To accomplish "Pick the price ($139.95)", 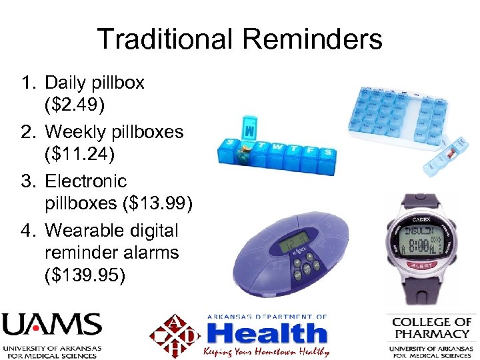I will (x=85, y=275).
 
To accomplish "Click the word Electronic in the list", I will (x=85, y=181).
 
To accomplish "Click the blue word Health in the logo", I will (x=267, y=333).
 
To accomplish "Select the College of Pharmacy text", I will (x=431, y=327).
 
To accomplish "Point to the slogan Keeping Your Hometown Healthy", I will (x=267, y=351).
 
